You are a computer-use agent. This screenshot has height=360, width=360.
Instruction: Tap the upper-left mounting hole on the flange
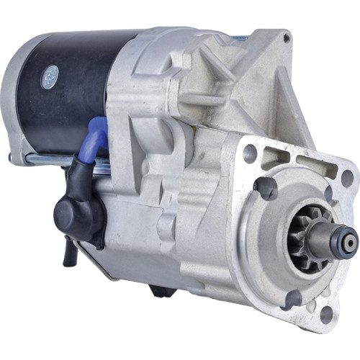click(251, 153)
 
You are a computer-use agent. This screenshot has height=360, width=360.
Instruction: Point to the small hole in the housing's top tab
click(287, 37)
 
